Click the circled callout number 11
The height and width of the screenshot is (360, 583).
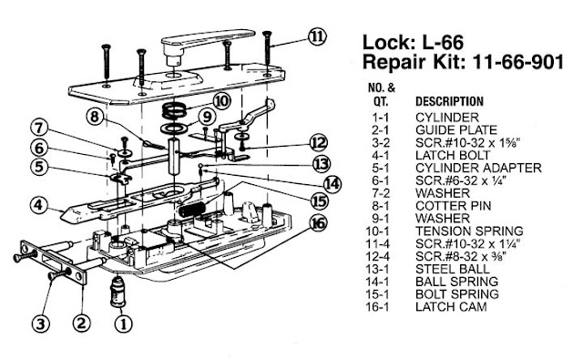point(317,37)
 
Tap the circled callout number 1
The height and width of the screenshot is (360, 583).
point(124,324)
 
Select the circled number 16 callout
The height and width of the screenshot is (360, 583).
point(318,223)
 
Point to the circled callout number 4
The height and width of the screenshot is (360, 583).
point(38,205)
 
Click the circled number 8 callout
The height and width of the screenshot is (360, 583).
point(95,117)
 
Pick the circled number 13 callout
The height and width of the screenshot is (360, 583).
point(321,164)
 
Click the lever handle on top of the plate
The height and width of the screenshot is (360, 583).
point(209,42)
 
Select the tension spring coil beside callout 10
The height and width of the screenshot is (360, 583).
point(175,110)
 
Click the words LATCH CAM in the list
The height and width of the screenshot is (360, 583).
point(451,307)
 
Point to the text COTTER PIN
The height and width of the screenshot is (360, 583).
point(454,206)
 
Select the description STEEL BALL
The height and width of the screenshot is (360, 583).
point(453,269)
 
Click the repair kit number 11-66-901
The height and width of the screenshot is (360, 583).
point(518,61)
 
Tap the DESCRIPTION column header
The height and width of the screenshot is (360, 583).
point(449,101)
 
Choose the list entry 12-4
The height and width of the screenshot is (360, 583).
point(377,256)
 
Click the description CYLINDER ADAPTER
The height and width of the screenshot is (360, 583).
point(478,168)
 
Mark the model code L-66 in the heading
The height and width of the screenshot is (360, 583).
point(443,42)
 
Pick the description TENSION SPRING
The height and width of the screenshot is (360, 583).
point(469,231)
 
